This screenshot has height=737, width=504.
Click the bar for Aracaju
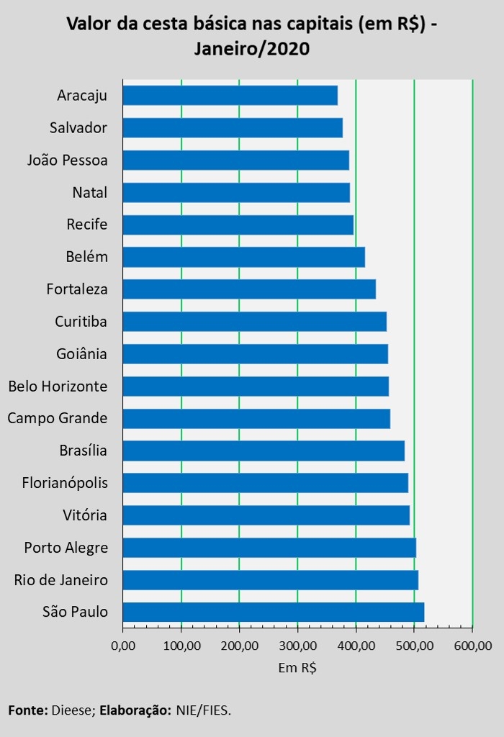tap(230, 95)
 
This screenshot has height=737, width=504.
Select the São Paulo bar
tap(273, 612)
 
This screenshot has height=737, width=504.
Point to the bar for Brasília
tap(264, 451)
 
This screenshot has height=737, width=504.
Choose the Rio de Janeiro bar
tap(270, 579)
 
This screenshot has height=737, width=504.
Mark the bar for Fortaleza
tap(249, 289)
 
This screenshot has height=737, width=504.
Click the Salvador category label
tap(78, 128)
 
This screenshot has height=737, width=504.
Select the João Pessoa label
tap(68, 160)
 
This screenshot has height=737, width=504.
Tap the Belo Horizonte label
tap(58, 386)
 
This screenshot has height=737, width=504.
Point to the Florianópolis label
tap(65, 483)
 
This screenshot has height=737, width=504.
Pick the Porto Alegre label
tap(66, 548)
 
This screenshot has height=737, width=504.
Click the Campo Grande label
tap(58, 418)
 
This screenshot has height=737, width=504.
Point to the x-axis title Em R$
tap(297, 668)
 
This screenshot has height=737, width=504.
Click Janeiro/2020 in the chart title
tap(251, 49)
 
